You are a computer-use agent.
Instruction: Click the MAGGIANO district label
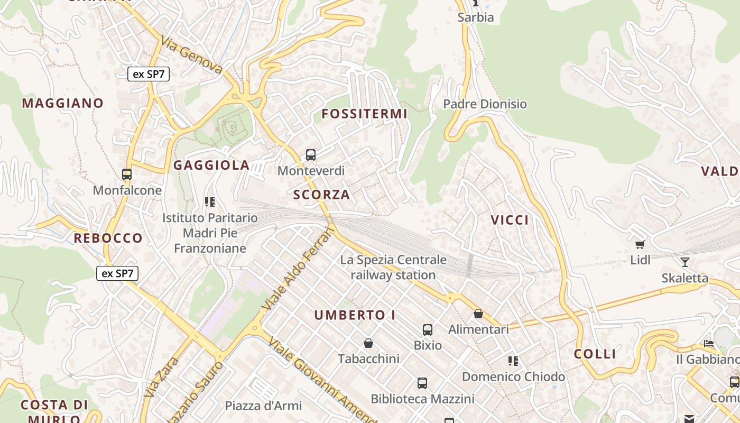pos(62,103)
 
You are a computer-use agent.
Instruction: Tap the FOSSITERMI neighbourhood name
pos(365,114)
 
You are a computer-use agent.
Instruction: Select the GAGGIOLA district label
pos(211,165)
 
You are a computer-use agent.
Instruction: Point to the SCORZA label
pos(321,195)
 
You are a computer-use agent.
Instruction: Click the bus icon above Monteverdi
pos(311,155)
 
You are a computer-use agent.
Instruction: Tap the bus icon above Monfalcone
pos(127,174)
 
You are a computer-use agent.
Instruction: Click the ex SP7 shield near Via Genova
pos(149,74)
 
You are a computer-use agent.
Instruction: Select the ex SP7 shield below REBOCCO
pos(117,273)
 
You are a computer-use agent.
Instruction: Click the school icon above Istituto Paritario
pos(210,201)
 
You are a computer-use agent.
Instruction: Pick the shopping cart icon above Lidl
pos(640,244)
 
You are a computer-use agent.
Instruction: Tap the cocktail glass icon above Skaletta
pos(685,262)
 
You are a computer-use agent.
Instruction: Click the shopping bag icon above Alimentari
pos(478,314)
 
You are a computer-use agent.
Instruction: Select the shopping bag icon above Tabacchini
pos(368,343)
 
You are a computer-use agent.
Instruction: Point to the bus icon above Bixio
pos(428,330)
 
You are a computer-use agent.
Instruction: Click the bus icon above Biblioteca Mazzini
pos(422,383)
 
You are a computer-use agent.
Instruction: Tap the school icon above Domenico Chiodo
pos(513,361)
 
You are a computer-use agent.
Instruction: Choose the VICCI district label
pos(510,220)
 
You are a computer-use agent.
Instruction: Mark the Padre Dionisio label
pos(485,104)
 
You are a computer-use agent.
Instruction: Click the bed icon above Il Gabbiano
pos(709,344)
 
